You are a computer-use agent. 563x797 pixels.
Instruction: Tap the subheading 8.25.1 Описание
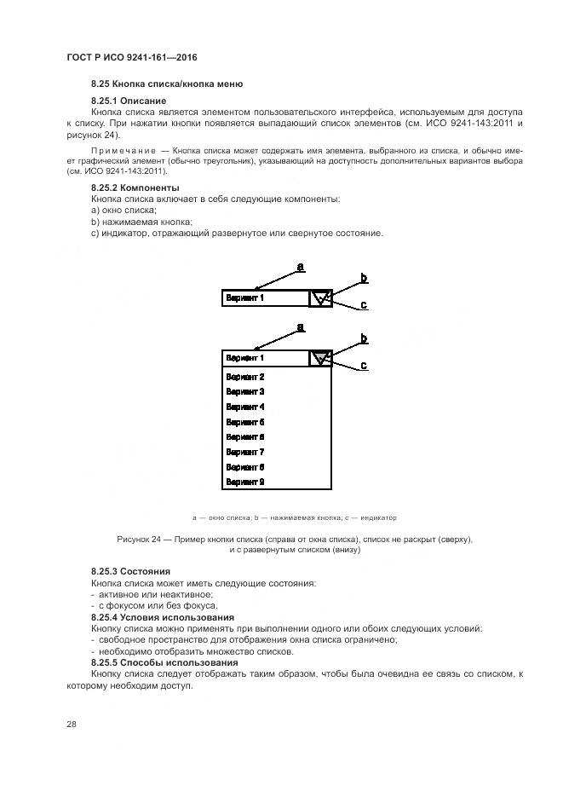coord(129,101)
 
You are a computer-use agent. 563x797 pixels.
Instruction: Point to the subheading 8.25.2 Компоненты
coord(135,187)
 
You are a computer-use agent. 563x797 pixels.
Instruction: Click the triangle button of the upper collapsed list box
coord(319,298)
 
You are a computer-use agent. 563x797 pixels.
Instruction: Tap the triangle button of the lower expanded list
coord(319,358)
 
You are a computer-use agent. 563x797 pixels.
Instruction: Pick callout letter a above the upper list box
coord(300,268)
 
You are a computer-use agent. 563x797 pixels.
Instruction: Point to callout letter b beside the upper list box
coord(364,278)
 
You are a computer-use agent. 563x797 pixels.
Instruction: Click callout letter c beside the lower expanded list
coord(364,366)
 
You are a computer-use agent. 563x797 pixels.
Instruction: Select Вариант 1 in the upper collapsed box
coord(244,298)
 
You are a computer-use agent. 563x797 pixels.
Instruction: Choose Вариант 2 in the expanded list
coord(244,377)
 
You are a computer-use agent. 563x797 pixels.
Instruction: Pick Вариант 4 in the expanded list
coord(244,407)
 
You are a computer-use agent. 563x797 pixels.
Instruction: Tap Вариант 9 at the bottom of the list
coord(244,482)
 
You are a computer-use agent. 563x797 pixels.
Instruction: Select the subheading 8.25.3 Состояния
coord(130,571)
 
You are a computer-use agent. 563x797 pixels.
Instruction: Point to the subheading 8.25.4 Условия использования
coord(163,617)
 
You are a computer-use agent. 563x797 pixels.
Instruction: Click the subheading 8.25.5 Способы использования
coord(164,662)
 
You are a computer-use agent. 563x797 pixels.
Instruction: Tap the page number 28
coord(72,724)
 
